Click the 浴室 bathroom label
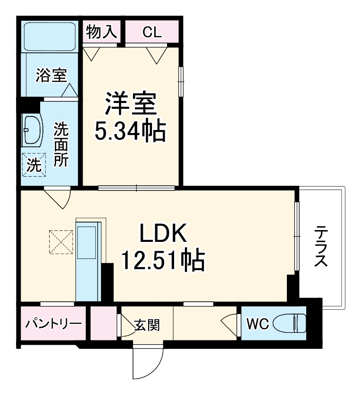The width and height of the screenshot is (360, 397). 51,75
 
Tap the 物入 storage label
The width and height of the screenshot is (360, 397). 101,32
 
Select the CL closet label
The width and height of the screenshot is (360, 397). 152,32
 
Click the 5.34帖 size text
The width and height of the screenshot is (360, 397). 130,131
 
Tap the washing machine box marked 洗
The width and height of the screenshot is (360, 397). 33,165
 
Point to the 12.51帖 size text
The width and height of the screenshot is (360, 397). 163,260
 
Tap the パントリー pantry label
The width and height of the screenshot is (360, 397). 53,324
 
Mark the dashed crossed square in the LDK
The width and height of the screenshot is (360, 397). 62,241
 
